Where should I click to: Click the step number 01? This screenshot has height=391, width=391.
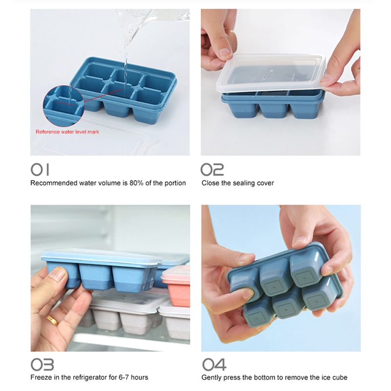click(x=40, y=170)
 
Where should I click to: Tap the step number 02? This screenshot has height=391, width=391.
click(x=212, y=170)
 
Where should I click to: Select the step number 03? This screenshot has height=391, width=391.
click(x=42, y=365)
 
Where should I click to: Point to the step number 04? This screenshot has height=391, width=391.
click(x=214, y=365)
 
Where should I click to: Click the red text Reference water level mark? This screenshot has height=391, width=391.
click(x=67, y=131)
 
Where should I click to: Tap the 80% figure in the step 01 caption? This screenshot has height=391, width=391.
click(x=136, y=183)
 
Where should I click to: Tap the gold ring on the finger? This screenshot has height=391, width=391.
click(x=52, y=320)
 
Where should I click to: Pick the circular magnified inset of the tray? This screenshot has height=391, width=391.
click(x=64, y=106)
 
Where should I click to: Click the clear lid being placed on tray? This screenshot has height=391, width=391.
click(x=271, y=73)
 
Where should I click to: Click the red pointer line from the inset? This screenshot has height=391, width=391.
click(x=103, y=95)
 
